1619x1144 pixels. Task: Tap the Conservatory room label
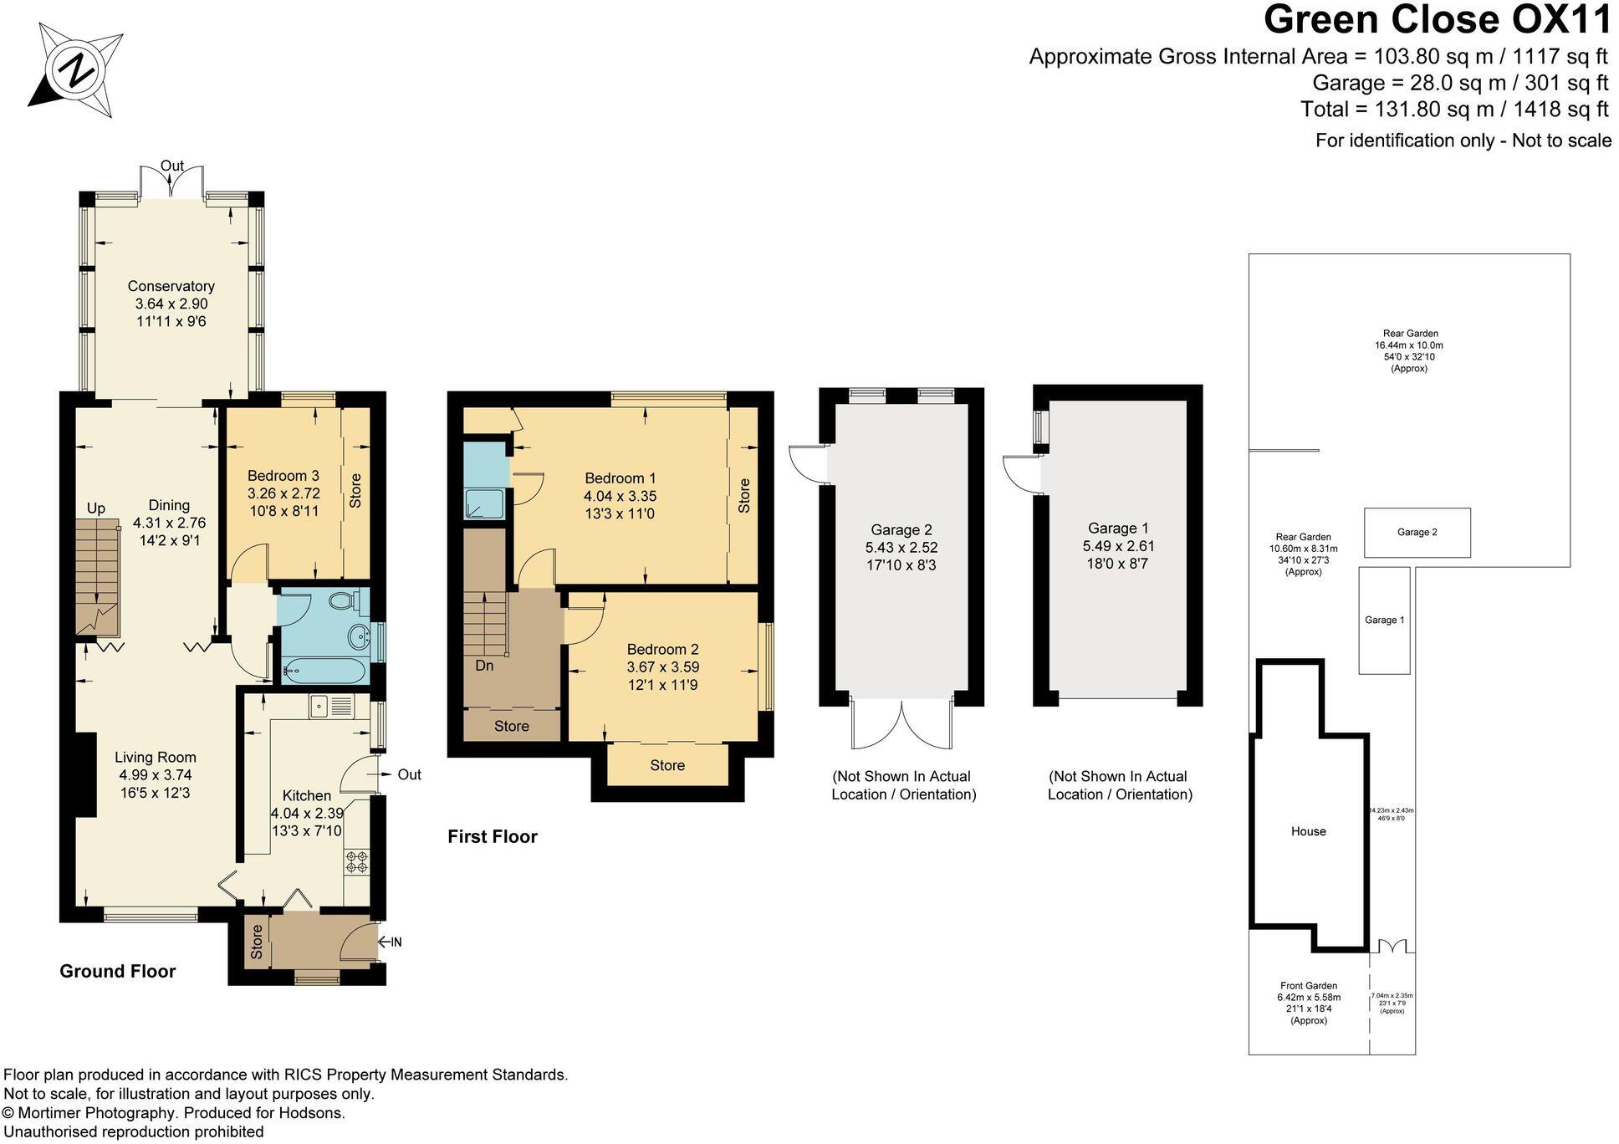171,287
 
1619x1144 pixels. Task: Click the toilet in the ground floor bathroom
343,600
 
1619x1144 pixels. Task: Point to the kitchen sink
331,707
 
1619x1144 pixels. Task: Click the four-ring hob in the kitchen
357,862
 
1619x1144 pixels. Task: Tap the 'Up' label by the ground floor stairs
96,508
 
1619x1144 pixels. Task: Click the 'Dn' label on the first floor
484,666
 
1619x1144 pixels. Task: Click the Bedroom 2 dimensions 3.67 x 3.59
663,667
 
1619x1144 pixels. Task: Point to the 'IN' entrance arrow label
392,942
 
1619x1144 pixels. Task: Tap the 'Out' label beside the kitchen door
409,774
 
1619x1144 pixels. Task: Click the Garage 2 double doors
901,724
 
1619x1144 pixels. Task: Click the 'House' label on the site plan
1308,831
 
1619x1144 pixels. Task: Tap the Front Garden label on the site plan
1309,986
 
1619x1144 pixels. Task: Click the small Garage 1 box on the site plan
1384,620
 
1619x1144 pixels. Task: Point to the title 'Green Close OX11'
1437,20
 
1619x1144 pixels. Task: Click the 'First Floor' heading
493,836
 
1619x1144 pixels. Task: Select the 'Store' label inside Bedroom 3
355,491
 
